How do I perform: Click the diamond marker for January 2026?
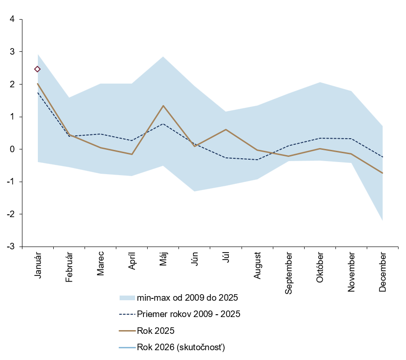click(x=37, y=69)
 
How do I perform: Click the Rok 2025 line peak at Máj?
click(x=163, y=106)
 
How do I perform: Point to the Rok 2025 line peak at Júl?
click(x=226, y=129)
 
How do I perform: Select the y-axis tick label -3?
click(x=11, y=246)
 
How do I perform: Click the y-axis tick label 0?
click(x=12, y=149)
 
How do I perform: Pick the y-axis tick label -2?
click(x=11, y=214)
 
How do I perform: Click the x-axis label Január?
click(x=38, y=266)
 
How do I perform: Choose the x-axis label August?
click(x=257, y=266)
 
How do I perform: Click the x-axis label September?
click(x=288, y=273)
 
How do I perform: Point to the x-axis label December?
click(x=383, y=272)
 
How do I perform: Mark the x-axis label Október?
click(x=320, y=267)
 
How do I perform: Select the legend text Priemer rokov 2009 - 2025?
click(x=189, y=314)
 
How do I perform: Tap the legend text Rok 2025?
click(x=156, y=331)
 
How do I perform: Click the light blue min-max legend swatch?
click(x=127, y=297)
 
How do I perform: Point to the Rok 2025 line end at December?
click(x=383, y=173)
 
